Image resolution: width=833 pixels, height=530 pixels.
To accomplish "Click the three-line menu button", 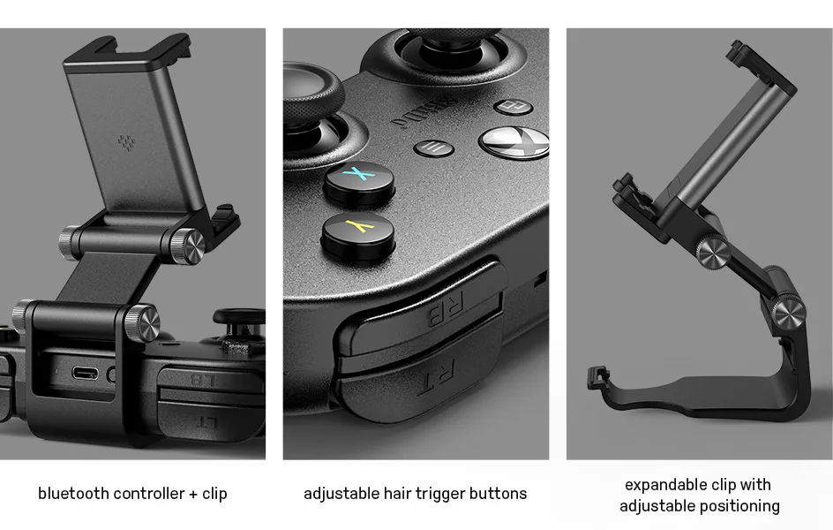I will [433, 148].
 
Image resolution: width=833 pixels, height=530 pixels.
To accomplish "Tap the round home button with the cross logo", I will [513, 140].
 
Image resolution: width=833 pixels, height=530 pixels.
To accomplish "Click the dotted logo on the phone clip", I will [121, 141].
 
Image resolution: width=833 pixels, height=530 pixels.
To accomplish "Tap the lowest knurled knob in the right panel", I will [791, 311].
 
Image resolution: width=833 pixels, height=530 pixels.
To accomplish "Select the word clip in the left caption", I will [214, 494].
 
